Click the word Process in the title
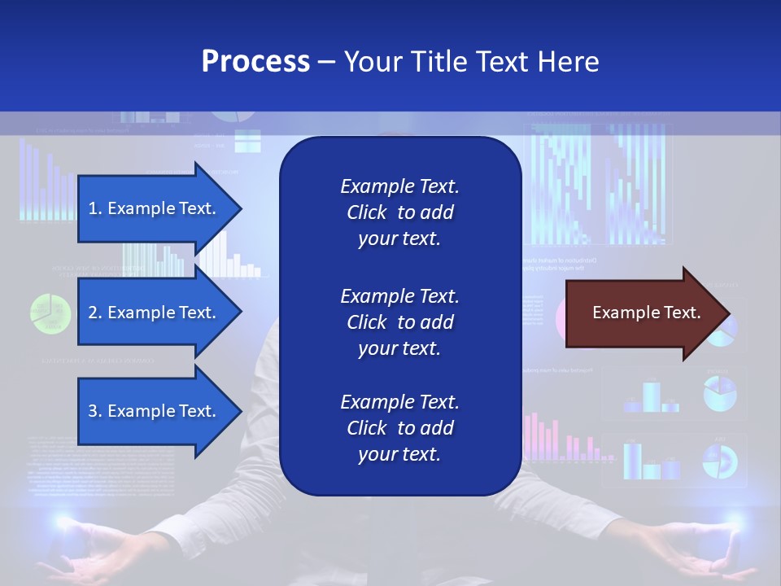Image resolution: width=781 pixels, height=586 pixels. pos(255,62)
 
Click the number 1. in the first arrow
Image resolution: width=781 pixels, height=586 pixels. pos(95,208)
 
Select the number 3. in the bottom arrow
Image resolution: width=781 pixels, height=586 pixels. pos(95,411)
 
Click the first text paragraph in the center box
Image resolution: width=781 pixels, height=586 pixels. pos(399,212)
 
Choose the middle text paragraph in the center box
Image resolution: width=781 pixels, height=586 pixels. pos(399,322)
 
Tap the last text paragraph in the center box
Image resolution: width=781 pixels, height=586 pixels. pos(399,428)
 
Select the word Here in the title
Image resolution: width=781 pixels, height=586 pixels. pos(569,62)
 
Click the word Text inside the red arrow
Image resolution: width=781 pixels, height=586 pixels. pos(682,313)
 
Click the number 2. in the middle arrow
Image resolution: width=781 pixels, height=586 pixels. pos(95,313)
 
